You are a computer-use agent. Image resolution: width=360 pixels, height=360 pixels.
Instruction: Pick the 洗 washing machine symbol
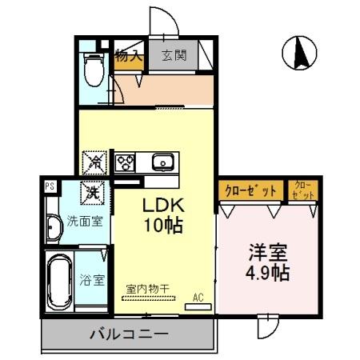[x=94, y=192]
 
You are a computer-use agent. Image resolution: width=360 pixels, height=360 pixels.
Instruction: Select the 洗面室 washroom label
[x=83, y=221]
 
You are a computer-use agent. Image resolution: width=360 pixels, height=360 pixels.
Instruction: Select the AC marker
[x=198, y=298]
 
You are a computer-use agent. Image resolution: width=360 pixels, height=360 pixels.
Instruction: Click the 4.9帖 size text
[x=268, y=272]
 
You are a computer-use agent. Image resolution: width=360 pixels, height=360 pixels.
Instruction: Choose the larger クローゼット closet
[x=250, y=190]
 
